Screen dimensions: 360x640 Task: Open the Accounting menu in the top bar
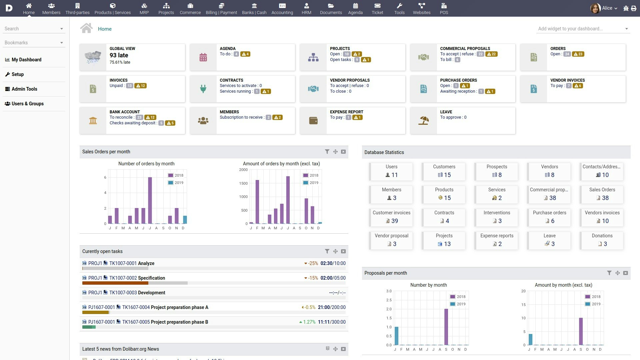[x=282, y=9]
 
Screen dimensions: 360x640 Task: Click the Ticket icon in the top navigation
[x=377, y=6]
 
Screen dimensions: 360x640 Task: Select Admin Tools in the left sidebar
[x=24, y=89]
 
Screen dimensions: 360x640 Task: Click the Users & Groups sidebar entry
[x=27, y=104]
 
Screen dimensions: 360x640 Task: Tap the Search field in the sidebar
[x=32, y=29]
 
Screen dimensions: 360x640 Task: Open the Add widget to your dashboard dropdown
[x=583, y=29]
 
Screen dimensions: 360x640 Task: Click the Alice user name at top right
[x=607, y=8]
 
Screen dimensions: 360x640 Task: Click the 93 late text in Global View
[x=119, y=55]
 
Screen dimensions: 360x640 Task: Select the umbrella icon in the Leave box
[x=423, y=121]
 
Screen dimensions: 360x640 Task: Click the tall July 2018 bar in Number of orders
[x=150, y=200]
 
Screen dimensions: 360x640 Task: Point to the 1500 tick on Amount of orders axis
[x=243, y=183]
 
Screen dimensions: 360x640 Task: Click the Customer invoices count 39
[x=394, y=221]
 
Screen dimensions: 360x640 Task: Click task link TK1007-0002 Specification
[x=137, y=278]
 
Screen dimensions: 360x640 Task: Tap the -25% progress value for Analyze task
[x=313, y=263]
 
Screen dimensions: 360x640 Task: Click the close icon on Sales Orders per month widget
[x=343, y=152]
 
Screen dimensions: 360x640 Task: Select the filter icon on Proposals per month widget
[x=609, y=273]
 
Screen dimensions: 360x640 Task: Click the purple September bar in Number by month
[x=446, y=327]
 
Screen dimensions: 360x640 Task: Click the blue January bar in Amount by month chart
[x=530, y=339]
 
